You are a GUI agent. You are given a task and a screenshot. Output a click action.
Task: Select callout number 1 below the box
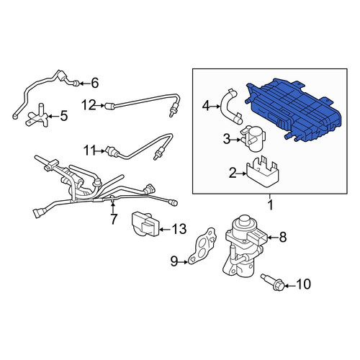click(271, 205)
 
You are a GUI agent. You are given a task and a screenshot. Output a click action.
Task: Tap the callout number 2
click(233, 173)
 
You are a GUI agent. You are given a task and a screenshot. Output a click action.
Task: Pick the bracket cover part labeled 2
click(262, 171)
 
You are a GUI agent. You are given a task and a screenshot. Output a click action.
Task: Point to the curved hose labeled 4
click(230, 106)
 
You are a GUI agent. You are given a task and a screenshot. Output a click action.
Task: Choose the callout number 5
click(64, 116)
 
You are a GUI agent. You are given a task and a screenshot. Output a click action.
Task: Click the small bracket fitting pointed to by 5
click(38, 117)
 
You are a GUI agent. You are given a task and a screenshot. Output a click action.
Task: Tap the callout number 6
click(95, 84)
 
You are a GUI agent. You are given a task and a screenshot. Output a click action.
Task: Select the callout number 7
click(114, 219)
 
